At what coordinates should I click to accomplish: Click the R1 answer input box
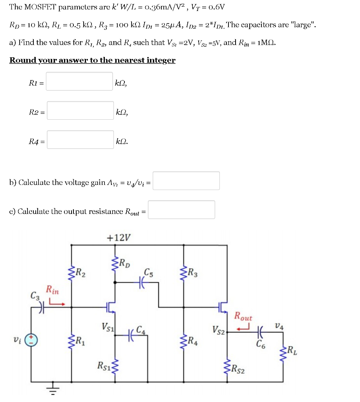pos(80,81)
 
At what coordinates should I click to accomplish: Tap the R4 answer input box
pos(80,140)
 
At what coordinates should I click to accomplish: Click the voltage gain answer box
pos(186,181)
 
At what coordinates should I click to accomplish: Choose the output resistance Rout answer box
pos(181,210)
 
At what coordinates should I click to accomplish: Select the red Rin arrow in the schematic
pos(57,303)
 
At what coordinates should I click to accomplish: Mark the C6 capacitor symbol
pos(259,333)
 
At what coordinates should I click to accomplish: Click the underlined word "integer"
pos(161,60)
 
